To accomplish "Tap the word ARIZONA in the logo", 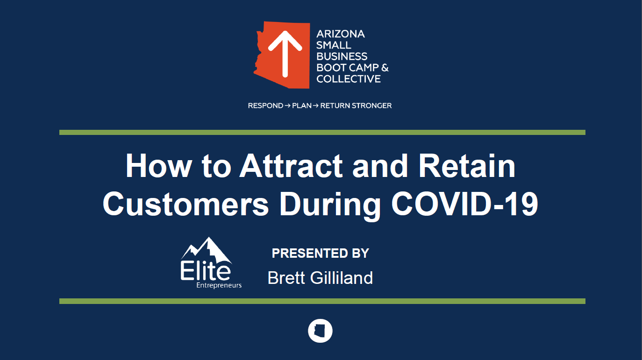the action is pos(341,34).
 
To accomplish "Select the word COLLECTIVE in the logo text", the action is pos(349,79).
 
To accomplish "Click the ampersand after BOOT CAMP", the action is pos(385,68).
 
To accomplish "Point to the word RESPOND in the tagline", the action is pos(265,106).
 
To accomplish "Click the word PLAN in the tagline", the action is pos(301,106).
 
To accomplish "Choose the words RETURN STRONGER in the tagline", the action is pos(356,106).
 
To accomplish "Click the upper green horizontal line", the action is pos(322,132).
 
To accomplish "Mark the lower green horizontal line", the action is pos(322,301).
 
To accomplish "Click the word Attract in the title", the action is pos(291,166).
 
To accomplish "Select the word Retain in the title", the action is pos(467,166).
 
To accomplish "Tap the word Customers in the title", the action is pos(185,204).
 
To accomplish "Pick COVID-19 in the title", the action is pos(464,204).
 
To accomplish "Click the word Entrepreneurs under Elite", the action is pos(219,285).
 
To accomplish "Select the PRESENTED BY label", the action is pos(321,253).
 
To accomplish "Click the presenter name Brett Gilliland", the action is pos(320,278).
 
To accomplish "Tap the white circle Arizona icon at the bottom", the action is pos(320,331).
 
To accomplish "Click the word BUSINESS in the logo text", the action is pos(342,56).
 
